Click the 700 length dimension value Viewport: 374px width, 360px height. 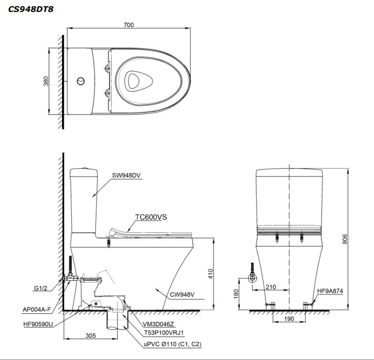click(128, 25)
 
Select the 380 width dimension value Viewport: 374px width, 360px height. click(46, 81)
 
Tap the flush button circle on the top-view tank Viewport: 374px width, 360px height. click(81, 81)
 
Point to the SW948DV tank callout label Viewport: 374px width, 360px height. click(128, 175)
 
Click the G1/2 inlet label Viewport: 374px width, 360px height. click(41, 288)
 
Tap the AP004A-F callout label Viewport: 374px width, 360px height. click(36, 309)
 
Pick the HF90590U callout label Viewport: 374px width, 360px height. click(38, 324)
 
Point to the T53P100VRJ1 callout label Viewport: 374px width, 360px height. click(157, 332)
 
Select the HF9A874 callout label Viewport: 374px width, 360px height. click(330, 290)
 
